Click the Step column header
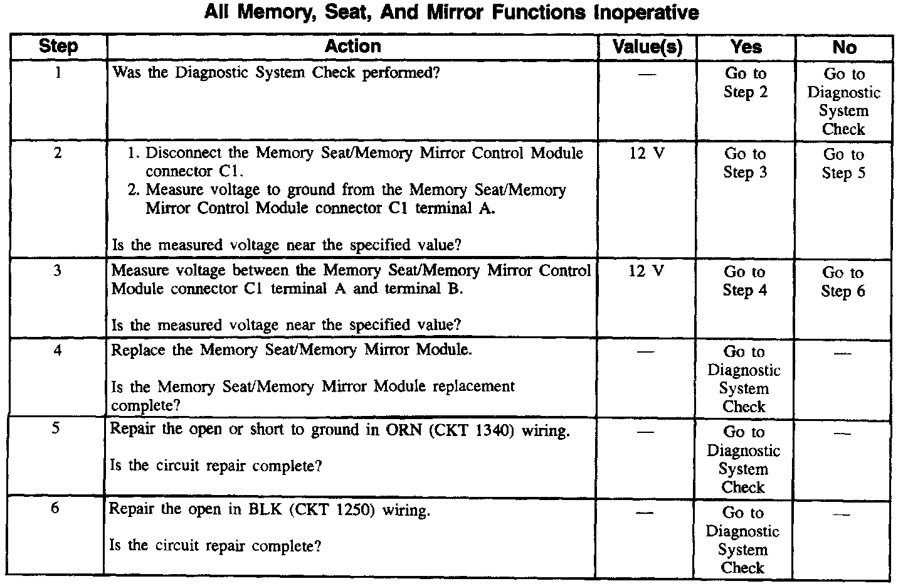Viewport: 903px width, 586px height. coord(58,46)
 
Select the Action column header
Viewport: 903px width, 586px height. coord(352,46)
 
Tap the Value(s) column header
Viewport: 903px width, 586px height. coord(647,47)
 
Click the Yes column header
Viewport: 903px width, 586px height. coord(746,47)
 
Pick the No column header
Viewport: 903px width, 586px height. coord(844,48)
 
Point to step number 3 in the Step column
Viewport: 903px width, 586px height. coord(57,272)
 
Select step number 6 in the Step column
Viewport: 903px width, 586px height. coord(55,508)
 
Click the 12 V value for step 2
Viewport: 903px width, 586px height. coord(647,154)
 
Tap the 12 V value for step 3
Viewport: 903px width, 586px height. coord(646,272)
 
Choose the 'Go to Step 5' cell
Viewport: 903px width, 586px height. coord(843,164)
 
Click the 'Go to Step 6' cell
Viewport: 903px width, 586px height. coord(843,282)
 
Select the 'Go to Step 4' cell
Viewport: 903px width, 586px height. coord(744,281)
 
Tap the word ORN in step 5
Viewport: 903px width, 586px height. coord(407,431)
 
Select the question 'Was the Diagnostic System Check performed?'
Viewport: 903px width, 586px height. coord(276,73)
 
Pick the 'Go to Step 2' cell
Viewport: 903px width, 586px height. coord(746,83)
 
